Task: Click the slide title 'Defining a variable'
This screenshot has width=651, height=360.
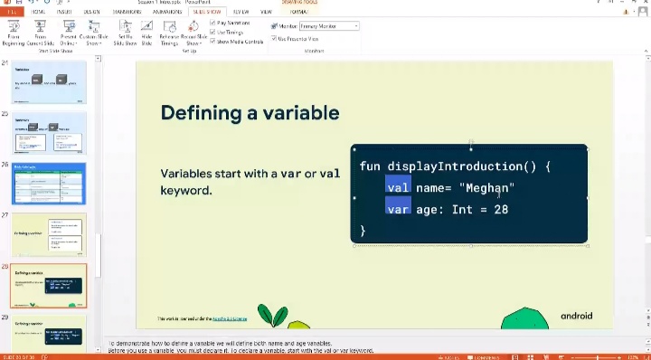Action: tap(250, 113)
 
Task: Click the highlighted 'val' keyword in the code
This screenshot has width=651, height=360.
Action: tap(398, 187)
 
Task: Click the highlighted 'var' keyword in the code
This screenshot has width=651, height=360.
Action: tap(398, 209)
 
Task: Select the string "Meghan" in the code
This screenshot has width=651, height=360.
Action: tap(486, 188)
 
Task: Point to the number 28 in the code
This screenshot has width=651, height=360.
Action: tap(501, 209)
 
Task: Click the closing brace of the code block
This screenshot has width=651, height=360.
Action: tap(363, 231)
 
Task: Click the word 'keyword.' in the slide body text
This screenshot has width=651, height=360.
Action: tap(185, 191)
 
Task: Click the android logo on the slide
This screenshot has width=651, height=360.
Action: tap(576, 316)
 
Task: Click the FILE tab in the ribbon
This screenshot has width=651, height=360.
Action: tap(13, 12)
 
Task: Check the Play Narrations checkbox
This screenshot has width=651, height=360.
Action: tap(212, 22)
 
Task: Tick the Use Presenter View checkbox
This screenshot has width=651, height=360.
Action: tap(272, 39)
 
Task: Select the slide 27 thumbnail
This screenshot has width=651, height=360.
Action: tap(49, 234)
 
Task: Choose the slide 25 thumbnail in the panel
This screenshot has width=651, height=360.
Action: tap(49, 132)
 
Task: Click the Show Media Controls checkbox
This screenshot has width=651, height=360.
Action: tap(212, 41)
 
